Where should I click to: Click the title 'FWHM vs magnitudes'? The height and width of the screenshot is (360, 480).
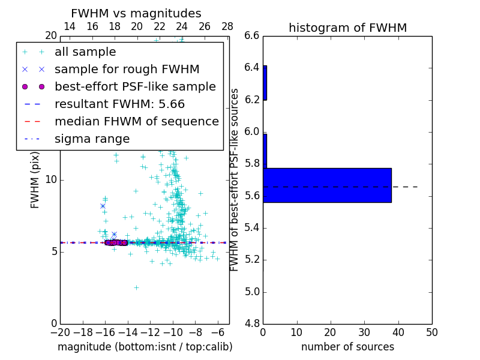(136, 13)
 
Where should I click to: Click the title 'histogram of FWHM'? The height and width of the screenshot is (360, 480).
(347, 28)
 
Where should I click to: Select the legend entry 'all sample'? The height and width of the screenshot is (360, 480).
(85, 52)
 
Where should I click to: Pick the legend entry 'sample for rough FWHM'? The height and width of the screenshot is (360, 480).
(127, 69)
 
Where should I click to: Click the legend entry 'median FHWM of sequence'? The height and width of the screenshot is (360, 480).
(136, 121)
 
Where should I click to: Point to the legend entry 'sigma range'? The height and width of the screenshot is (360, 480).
(92, 139)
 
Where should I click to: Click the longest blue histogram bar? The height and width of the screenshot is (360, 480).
(327, 185)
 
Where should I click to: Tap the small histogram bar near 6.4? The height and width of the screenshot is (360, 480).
(265, 83)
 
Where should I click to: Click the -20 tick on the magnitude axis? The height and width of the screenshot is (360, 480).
(60, 332)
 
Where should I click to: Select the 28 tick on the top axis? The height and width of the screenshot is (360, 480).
(227, 26)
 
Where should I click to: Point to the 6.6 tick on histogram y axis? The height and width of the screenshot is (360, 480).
(252, 35)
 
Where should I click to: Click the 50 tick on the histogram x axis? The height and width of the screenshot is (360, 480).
(431, 332)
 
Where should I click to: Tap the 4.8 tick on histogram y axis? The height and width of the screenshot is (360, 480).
(252, 323)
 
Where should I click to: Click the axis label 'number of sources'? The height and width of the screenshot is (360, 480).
(347, 347)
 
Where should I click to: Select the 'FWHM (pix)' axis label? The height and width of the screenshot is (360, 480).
(35, 179)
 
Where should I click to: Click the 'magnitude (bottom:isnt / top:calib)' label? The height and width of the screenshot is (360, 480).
(145, 347)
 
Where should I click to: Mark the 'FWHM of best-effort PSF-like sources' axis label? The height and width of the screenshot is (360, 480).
(235, 179)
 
